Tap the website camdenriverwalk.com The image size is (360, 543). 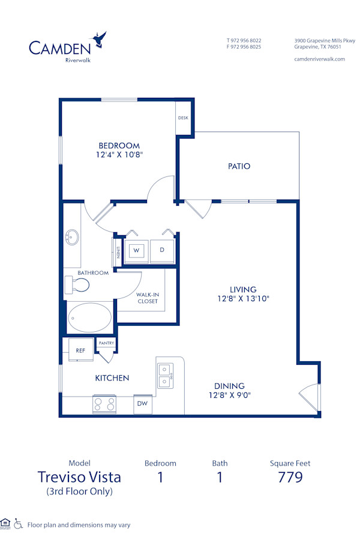point(319,59)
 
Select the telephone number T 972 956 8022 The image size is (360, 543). point(244,41)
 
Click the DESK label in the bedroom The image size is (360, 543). point(183,118)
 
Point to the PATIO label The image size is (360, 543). point(239,166)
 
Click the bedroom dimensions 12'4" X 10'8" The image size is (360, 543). point(119,154)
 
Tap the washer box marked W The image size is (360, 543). point(136,250)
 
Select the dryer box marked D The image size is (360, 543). point(161,250)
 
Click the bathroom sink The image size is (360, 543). point(73,237)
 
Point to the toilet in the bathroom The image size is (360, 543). point(74,286)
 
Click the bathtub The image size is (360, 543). point(89,317)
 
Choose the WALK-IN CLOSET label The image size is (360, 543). point(147,298)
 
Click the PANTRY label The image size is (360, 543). point(106,343)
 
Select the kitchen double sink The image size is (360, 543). point(165,376)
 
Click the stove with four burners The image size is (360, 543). point(104,404)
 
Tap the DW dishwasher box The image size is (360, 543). point(143,404)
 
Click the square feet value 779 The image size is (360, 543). point(290,478)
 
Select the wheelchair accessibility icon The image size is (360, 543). point(18,524)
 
